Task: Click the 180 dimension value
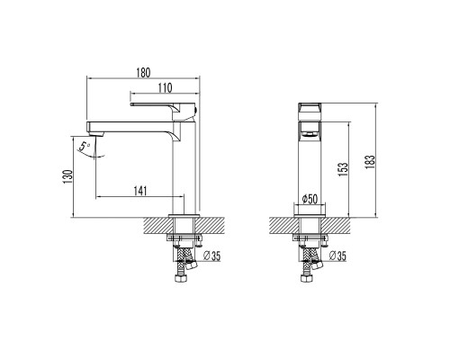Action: pos(143,73)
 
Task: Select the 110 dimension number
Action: pos(166,88)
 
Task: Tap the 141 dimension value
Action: pos(140,191)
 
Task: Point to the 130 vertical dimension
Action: pos(67,176)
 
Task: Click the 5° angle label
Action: pos(85,146)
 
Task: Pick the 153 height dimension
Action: pos(343,169)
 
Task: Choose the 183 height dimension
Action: pos(370,162)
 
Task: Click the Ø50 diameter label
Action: pos(310,199)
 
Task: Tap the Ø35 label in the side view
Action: pos(211,256)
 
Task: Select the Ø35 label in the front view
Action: pos(337,256)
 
